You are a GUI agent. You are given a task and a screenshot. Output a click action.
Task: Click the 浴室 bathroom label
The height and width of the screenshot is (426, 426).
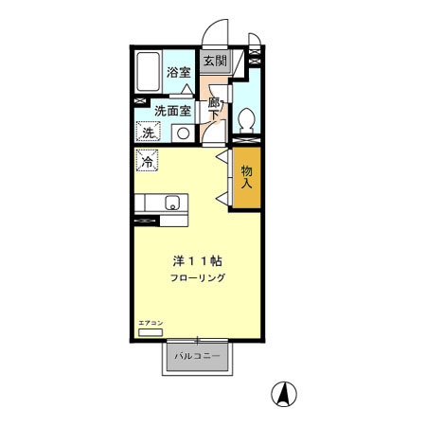pyautogui.click(x=179, y=73)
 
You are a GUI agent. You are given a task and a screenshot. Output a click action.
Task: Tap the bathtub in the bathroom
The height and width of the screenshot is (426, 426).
pyautogui.click(x=149, y=72)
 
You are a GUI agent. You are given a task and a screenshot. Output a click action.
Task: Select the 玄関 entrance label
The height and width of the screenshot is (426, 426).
pyautogui.click(x=215, y=61)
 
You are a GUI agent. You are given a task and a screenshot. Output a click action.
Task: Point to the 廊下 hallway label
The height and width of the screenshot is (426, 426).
pyautogui.click(x=214, y=109)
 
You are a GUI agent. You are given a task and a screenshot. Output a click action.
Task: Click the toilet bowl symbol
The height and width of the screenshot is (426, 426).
pyautogui.click(x=246, y=120)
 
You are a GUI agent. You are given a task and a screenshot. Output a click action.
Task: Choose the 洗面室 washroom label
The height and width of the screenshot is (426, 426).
pyautogui.click(x=172, y=111)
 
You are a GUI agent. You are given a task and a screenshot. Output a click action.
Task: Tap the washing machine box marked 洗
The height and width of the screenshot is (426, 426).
pyautogui.click(x=148, y=132)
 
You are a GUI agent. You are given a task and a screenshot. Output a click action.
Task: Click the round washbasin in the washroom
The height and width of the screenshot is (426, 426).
pyautogui.click(x=183, y=133)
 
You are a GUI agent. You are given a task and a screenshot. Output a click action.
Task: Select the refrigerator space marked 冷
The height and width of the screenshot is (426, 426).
pyautogui.click(x=147, y=160)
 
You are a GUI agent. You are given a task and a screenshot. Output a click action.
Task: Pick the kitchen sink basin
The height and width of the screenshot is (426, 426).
pyautogui.click(x=172, y=203)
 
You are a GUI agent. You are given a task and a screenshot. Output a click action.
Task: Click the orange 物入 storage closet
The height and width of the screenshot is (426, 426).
pyautogui.click(x=247, y=178)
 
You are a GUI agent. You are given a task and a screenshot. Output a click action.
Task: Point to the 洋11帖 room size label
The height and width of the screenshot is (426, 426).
pyautogui.click(x=198, y=261)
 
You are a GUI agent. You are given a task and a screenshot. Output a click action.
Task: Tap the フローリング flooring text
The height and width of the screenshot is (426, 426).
pyautogui.click(x=198, y=277)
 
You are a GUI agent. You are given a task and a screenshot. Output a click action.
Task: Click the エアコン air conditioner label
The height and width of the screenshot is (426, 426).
pyautogui.click(x=151, y=323)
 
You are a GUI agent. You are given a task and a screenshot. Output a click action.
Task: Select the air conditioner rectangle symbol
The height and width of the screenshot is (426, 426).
pyautogui.click(x=151, y=332)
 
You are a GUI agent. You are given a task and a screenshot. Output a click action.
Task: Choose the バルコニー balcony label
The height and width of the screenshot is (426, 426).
pyautogui.click(x=197, y=356)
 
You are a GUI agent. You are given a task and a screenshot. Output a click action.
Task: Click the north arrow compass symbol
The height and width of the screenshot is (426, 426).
pyautogui.click(x=284, y=394)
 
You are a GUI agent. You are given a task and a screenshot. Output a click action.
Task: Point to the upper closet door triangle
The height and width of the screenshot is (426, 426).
pyautogui.click(x=222, y=156)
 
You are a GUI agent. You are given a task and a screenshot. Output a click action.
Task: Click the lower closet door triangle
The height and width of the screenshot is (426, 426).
pyautogui.click(x=222, y=199)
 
